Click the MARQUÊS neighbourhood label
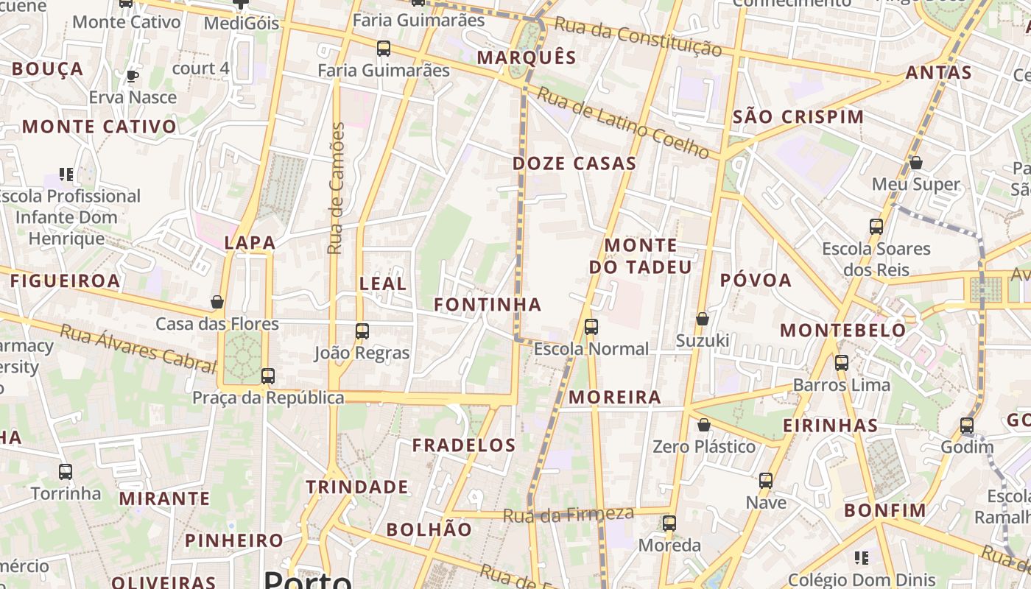[527, 57]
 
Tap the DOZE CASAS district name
[574, 163]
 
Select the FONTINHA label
[488, 304]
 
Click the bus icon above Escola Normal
[591, 326]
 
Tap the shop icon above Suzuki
[703, 319]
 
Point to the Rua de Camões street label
[336, 189]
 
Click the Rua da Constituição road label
[637, 37]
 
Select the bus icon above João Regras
[362, 331]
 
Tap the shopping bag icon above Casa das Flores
[217, 302]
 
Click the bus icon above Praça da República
[268, 375]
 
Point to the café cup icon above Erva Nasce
[133, 76]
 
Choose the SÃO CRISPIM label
[799, 116]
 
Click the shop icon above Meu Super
[916, 162]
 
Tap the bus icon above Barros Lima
[842, 362]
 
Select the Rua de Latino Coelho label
[622, 123]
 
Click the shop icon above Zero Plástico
[704, 425]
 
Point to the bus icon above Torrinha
[66, 471]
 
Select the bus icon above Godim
[967, 425]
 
